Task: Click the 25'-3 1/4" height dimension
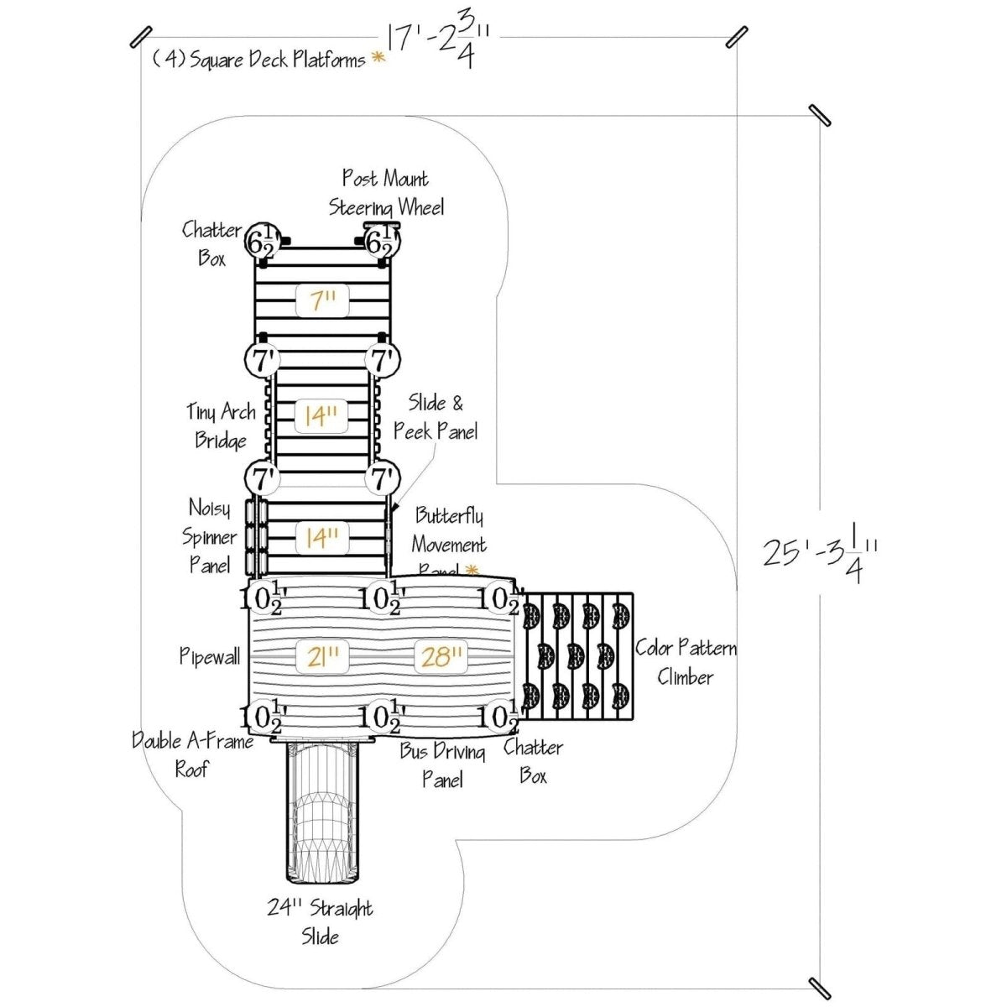(821, 552)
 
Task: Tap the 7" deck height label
(323, 300)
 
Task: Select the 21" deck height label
(323, 656)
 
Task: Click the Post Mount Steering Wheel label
(386, 193)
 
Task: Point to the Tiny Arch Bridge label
(221, 425)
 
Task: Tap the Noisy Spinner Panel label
(210, 536)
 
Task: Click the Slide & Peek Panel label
(436, 417)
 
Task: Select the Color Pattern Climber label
(686, 662)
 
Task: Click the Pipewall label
(210, 656)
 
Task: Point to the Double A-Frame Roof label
(192, 754)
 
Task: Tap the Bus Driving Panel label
(442, 764)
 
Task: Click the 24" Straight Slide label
(321, 921)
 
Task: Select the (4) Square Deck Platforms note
(258, 60)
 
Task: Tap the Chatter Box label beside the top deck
(211, 243)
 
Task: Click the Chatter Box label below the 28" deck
(533, 761)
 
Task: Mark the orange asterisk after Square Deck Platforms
(378, 58)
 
